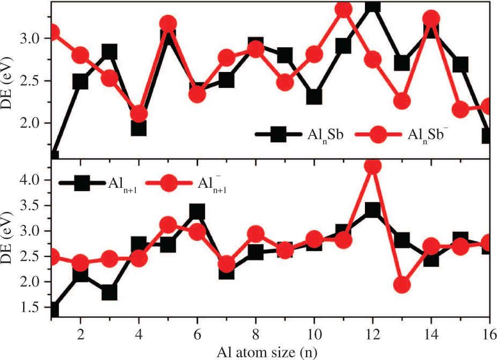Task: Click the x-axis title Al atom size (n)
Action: coord(270,352)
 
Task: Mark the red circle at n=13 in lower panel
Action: coord(401,284)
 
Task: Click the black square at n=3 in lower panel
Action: coord(109,292)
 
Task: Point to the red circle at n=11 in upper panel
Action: coord(343,10)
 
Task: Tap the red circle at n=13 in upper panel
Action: coord(401,101)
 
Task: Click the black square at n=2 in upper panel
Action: coord(81,82)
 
